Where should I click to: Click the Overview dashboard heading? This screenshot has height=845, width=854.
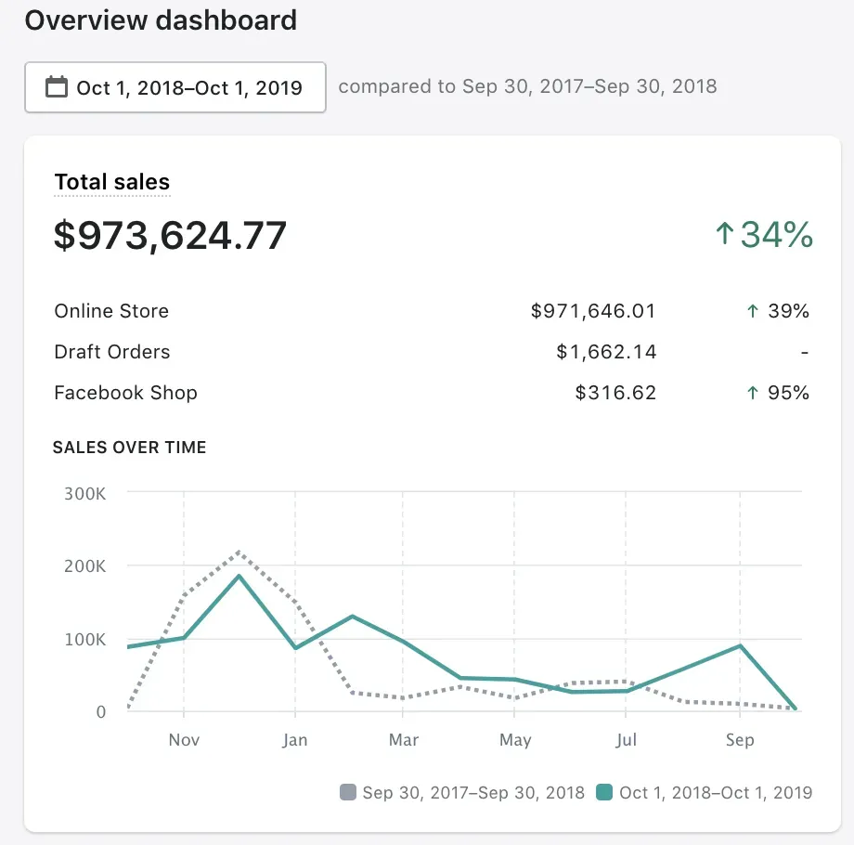point(161,20)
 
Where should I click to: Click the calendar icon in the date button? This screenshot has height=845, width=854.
point(57,87)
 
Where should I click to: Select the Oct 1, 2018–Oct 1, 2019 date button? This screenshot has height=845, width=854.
point(175,87)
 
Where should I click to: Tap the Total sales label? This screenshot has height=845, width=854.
point(112,182)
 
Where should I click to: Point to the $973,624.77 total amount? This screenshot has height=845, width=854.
point(170,236)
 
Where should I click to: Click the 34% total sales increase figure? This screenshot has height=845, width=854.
point(764,235)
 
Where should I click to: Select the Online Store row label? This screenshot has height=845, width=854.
point(111,311)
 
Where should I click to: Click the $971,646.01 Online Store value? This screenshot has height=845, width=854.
point(593,311)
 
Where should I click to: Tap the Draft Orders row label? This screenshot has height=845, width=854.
point(112,352)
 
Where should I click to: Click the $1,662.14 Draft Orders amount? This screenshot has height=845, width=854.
point(606,352)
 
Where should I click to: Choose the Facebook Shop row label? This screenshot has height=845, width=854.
point(125,393)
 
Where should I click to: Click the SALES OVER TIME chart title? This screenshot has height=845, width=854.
point(129,448)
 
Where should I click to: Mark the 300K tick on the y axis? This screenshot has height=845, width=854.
point(85,493)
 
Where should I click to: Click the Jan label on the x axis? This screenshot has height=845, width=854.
point(295,740)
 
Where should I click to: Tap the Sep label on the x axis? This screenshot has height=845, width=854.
point(740,740)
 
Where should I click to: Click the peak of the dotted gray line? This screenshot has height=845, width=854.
point(239,552)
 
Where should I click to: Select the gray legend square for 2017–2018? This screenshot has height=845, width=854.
point(348,792)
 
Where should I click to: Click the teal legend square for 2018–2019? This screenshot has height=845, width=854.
point(604,792)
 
